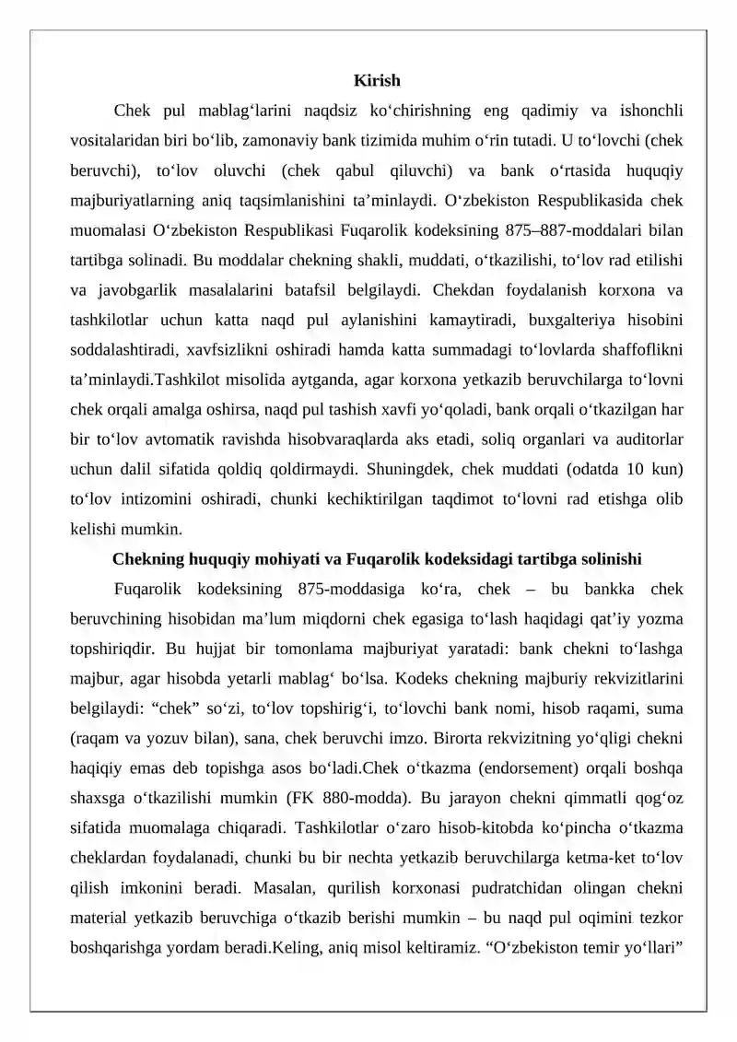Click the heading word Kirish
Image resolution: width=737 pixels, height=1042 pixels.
pyautogui.click(x=377, y=82)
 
